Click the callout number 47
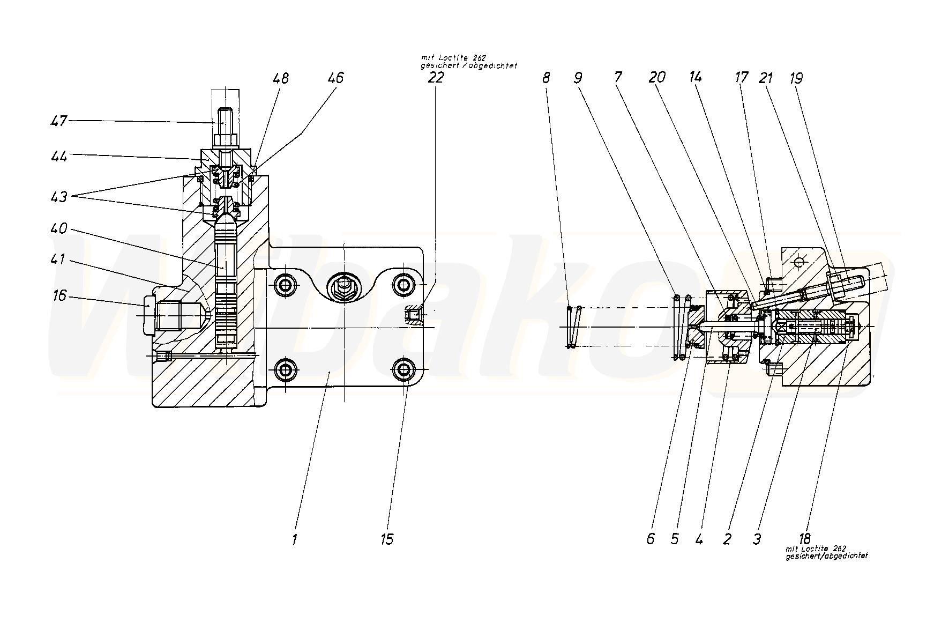point(59,121)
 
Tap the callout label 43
point(59,197)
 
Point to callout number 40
point(59,229)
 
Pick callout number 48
point(280,78)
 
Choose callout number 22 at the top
point(436,77)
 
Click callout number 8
point(546,78)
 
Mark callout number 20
point(657,77)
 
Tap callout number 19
point(796,78)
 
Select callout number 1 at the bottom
point(294,538)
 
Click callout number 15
point(386,538)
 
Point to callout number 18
point(804,537)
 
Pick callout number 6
point(651,538)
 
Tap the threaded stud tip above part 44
point(225,115)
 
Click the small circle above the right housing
point(799,262)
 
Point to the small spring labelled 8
point(573,327)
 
